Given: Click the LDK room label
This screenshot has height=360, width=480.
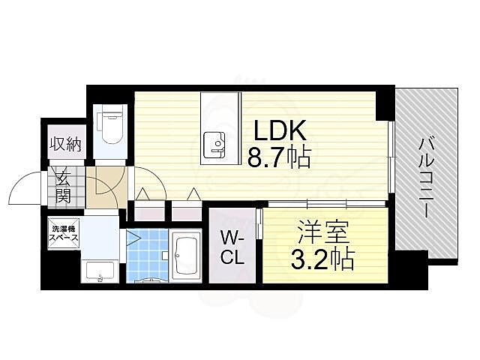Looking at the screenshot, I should pos(278,131).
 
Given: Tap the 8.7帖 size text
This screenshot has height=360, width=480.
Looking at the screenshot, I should pos(278,159).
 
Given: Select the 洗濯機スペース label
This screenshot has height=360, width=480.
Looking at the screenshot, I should pos(65,232).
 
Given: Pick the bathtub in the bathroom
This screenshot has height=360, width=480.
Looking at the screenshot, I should pos(186,256).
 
